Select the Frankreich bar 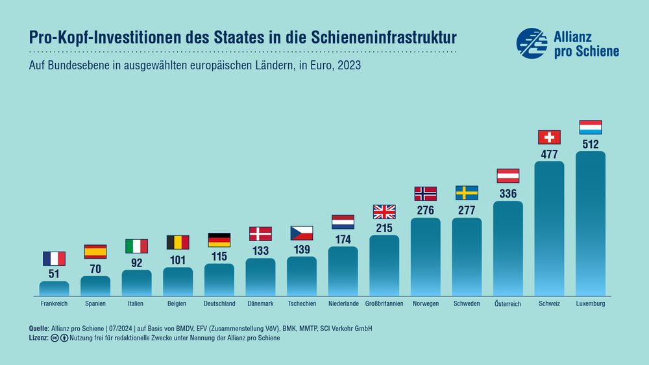point(54,288)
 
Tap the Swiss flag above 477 point(549,137)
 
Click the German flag point(219,240)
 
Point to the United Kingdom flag point(384,211)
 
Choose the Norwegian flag point(425,194)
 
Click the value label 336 point(508,193)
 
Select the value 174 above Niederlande point(343,239)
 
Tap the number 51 point(54,273)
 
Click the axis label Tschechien point(302,303)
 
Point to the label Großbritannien point(384,303)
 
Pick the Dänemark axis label point(260,303)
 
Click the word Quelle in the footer point(40,329)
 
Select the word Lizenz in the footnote point(39,338)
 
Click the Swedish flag point(467,193)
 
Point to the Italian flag point(136,246)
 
